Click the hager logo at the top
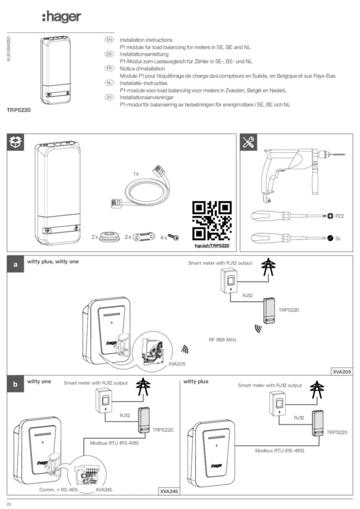click(61, 17)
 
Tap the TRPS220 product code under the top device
click(18, 109)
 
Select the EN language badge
click(109, 39)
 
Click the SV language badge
click(109, 98)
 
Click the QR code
click(211, 221)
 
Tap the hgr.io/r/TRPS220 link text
click(211, 246)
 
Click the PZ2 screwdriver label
click(340, 216)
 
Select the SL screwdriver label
click(338, 239)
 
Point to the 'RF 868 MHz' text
click(222, 340)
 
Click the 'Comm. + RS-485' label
click(58, 490)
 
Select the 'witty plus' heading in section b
click(196, 382)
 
